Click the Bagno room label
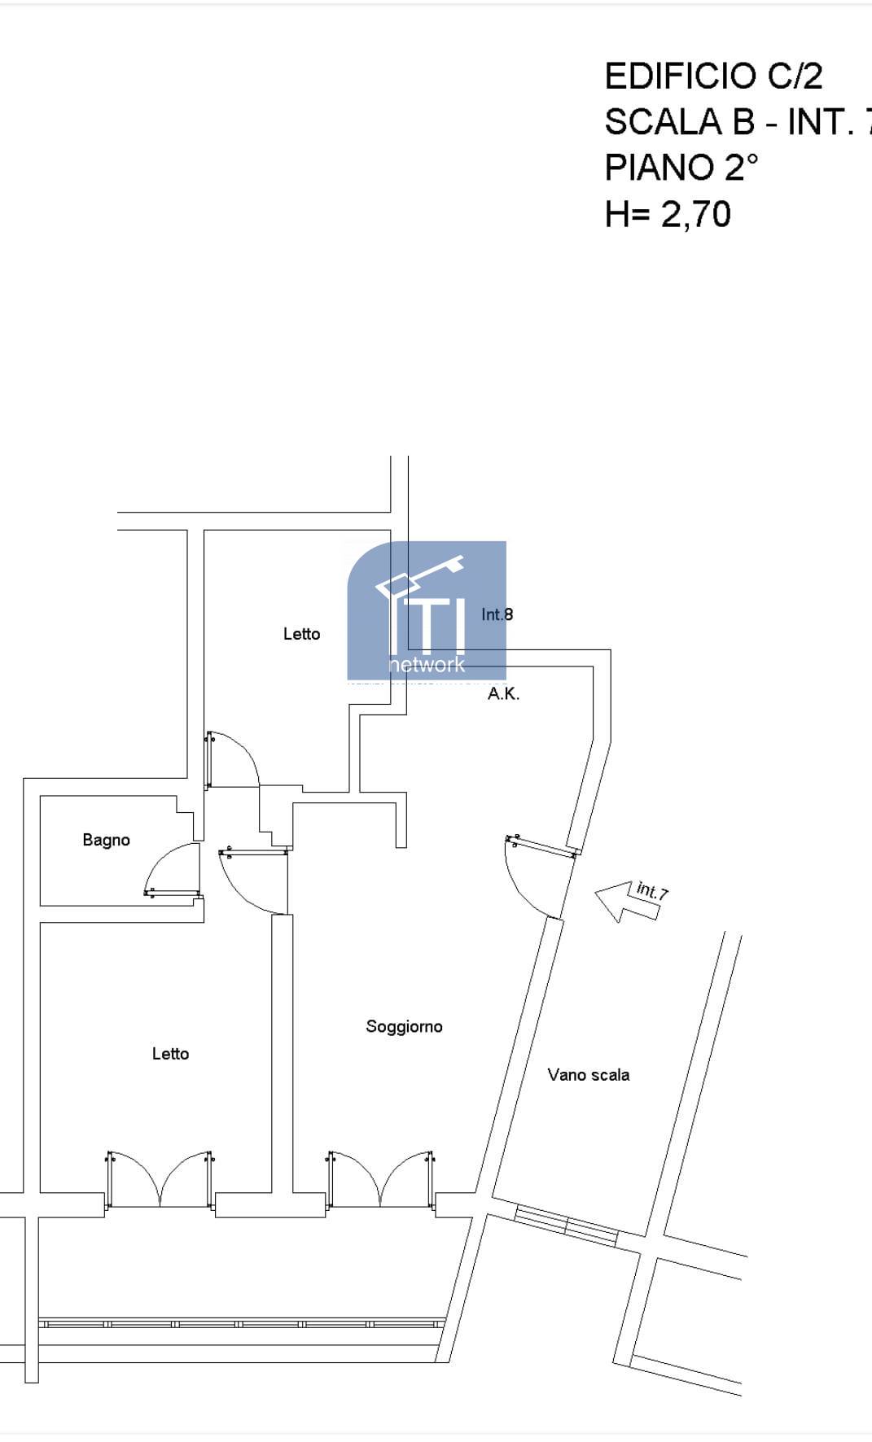[x=106, y=840]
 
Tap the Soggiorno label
[x=404, y=1026]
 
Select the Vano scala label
[x=588, y=1075]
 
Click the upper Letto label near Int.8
[x=301, y=634]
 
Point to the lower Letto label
[x=170, y=1054]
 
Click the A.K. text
[x=503, y=694]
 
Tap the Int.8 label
[x=497, y=614]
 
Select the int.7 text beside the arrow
[x=652, y=890]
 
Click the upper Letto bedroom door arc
[x=236, y=753]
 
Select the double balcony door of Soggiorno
[x=380, y=1180]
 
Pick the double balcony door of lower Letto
[x=160, y=1180]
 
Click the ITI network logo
[x=427, y=610]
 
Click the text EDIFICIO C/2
[x=713, y=76]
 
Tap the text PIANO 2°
[x=681, y=168]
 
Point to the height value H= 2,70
[x=668, y=215]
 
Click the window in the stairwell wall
[x=567, y=1226]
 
